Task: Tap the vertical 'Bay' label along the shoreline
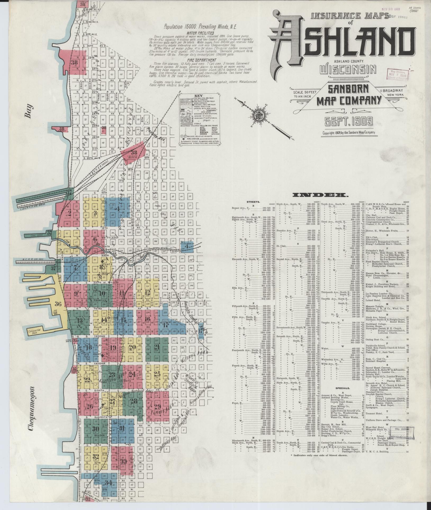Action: coord(30,111)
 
